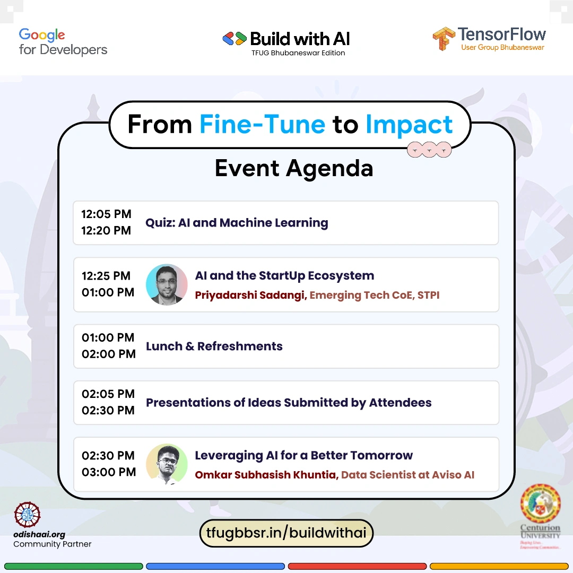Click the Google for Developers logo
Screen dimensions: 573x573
coord(63,42)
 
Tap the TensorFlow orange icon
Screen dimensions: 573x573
coord(444,38)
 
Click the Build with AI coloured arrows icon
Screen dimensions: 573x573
coord(235,38)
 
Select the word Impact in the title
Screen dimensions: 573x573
coord(409,125)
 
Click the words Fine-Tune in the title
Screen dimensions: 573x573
coord(262,124)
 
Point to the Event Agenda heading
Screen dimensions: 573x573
coord(294,169)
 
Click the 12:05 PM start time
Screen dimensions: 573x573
coord(106,214)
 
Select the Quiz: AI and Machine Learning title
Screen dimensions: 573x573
coord(237,222)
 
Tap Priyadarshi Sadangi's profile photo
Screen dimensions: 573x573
coord(167,284)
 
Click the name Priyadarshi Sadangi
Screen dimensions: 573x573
coord(250,295)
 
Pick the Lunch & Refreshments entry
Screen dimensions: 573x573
coord(214,346)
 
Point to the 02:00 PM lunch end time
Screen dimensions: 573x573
coord(109,354)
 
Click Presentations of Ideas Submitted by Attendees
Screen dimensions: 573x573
coord(289,402)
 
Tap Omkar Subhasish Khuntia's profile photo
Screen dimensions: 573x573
coord(167,464)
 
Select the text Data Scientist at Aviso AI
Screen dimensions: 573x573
coord(407,475)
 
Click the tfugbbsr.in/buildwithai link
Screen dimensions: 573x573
coord(286,533)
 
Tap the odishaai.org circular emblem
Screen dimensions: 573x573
coord(27,515)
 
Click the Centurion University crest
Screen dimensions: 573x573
coord(541,503)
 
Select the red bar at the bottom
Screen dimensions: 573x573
coord(357,567)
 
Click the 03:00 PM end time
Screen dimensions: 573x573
coord(109,472)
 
